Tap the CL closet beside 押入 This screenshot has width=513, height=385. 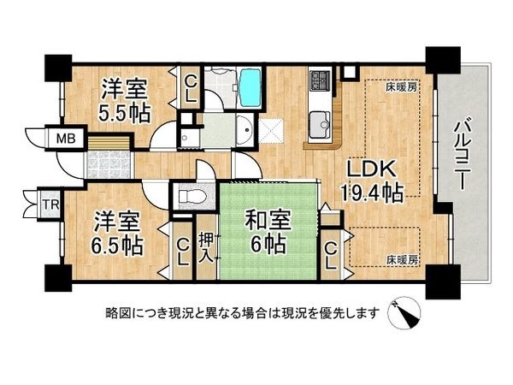point(181,251)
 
